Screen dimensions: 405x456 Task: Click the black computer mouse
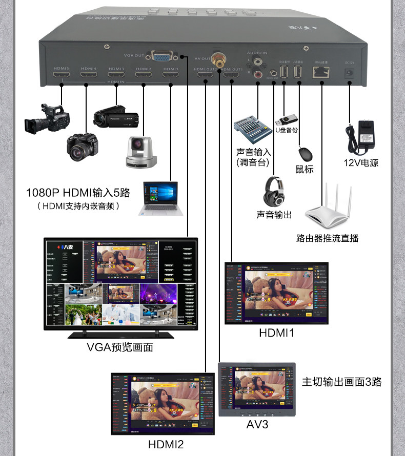(305, 154)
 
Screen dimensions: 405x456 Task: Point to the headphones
(275, 191)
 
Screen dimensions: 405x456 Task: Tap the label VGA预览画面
(120, 348)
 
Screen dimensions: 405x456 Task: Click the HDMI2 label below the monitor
(166, 444)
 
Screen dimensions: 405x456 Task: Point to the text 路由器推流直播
(328, 238)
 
